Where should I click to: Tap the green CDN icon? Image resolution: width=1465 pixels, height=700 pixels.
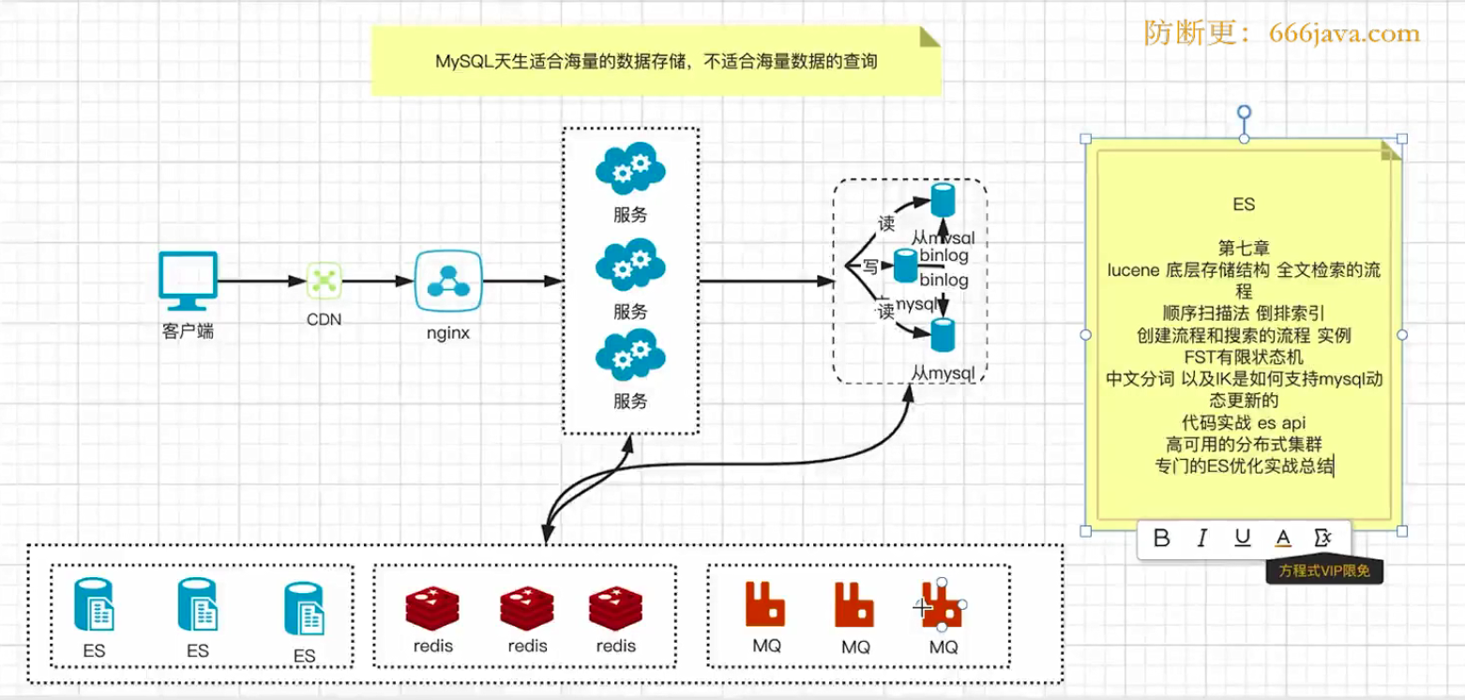click(x=325, y=279)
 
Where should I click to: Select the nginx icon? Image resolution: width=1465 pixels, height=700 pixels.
click(x=448, y=281)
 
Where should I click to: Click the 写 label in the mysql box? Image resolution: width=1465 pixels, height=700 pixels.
click(x=869, y=266)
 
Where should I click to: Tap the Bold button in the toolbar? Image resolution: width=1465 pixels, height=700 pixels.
click(x=1161, y=538)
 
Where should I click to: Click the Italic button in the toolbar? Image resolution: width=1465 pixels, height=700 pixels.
click(x=1201, y=538)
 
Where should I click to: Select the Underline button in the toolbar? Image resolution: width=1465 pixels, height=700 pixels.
click(x=1243, y=538)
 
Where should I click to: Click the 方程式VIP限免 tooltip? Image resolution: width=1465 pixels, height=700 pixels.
click(x=1323, y=571)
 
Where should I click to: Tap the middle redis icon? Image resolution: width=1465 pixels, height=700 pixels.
click(x=527, y=610)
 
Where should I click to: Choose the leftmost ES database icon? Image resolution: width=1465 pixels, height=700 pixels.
click(x=94, y=605)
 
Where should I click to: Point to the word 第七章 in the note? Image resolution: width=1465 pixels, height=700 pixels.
click(x=1244, y=248)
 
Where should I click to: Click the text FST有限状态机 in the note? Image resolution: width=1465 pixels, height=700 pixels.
click(x=1244, y=357)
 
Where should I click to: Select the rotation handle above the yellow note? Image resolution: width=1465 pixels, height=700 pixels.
click(x=1244, y=113)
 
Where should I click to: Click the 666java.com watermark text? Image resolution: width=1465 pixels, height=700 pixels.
click(x=1345, y=34)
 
